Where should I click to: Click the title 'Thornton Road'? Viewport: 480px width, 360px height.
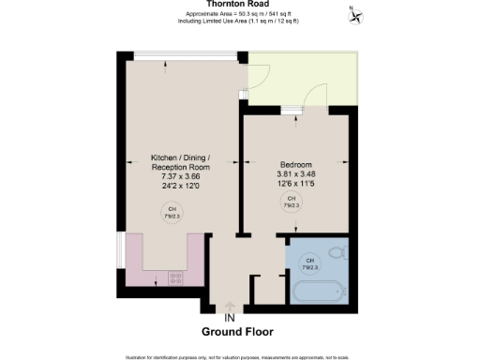click(239, 4)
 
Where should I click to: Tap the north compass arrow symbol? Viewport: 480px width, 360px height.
click(356, 14)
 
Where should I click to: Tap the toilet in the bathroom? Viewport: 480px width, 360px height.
click(338, 253)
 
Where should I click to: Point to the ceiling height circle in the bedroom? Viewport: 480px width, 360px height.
click(291, 201)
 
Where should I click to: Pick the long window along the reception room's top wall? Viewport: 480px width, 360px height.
click(184, 54)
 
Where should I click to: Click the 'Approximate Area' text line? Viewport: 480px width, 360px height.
click(239, 14)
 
